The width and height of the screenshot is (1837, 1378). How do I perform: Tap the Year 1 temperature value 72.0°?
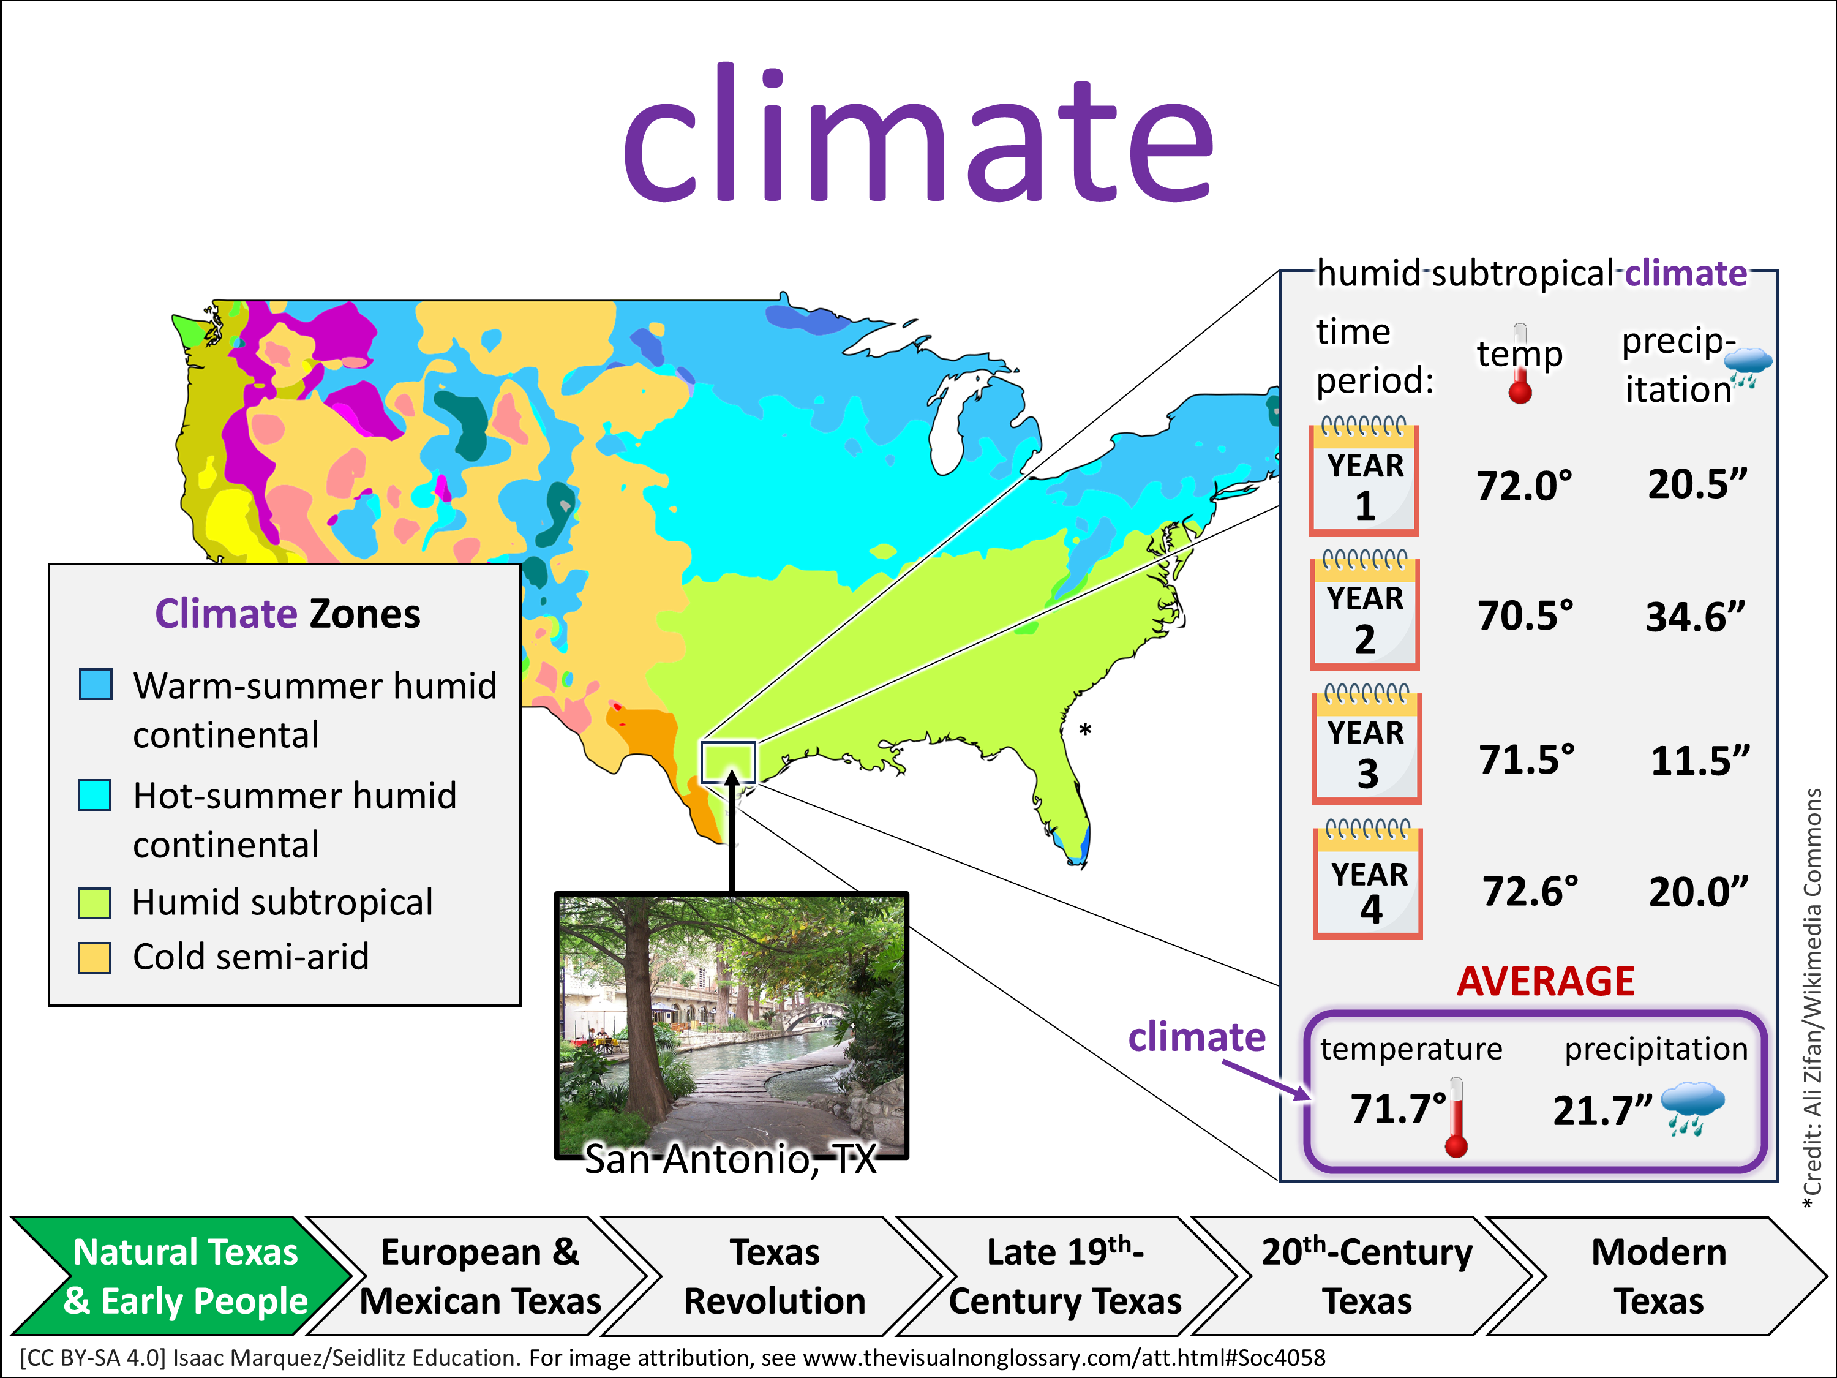click(x=1525, y=486)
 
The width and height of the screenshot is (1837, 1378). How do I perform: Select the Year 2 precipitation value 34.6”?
click(x=1696, y=617)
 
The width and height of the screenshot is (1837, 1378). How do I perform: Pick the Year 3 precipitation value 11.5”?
click(x=1700, y=761)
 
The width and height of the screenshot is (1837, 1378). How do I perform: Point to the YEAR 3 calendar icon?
click(x=1367, y=744)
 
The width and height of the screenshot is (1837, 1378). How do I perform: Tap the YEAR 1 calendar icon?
click(x=1364, y=476)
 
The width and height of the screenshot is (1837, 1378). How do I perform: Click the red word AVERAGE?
click(x=1546, y=981)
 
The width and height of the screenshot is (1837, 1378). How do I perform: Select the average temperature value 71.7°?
click(x=1399, y=1109)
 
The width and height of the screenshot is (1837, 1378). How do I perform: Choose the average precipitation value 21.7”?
click(x=1603, y=1110)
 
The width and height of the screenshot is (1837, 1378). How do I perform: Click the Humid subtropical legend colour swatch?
click(x=95, y=903)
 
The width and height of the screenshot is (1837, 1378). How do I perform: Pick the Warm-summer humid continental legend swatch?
click(x=96, y=685)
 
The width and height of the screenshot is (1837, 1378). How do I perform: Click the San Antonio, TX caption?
click(x=731, y=1159)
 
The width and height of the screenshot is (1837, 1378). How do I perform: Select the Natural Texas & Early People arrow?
click(x=182, y=1276)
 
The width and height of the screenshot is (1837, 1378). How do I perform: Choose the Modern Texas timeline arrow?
click(x=1658, y=1276)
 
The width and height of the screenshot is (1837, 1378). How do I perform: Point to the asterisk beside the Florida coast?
click(x=1086, y=731)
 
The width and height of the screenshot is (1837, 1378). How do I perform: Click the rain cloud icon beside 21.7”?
click(x=1692, y=1108)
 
